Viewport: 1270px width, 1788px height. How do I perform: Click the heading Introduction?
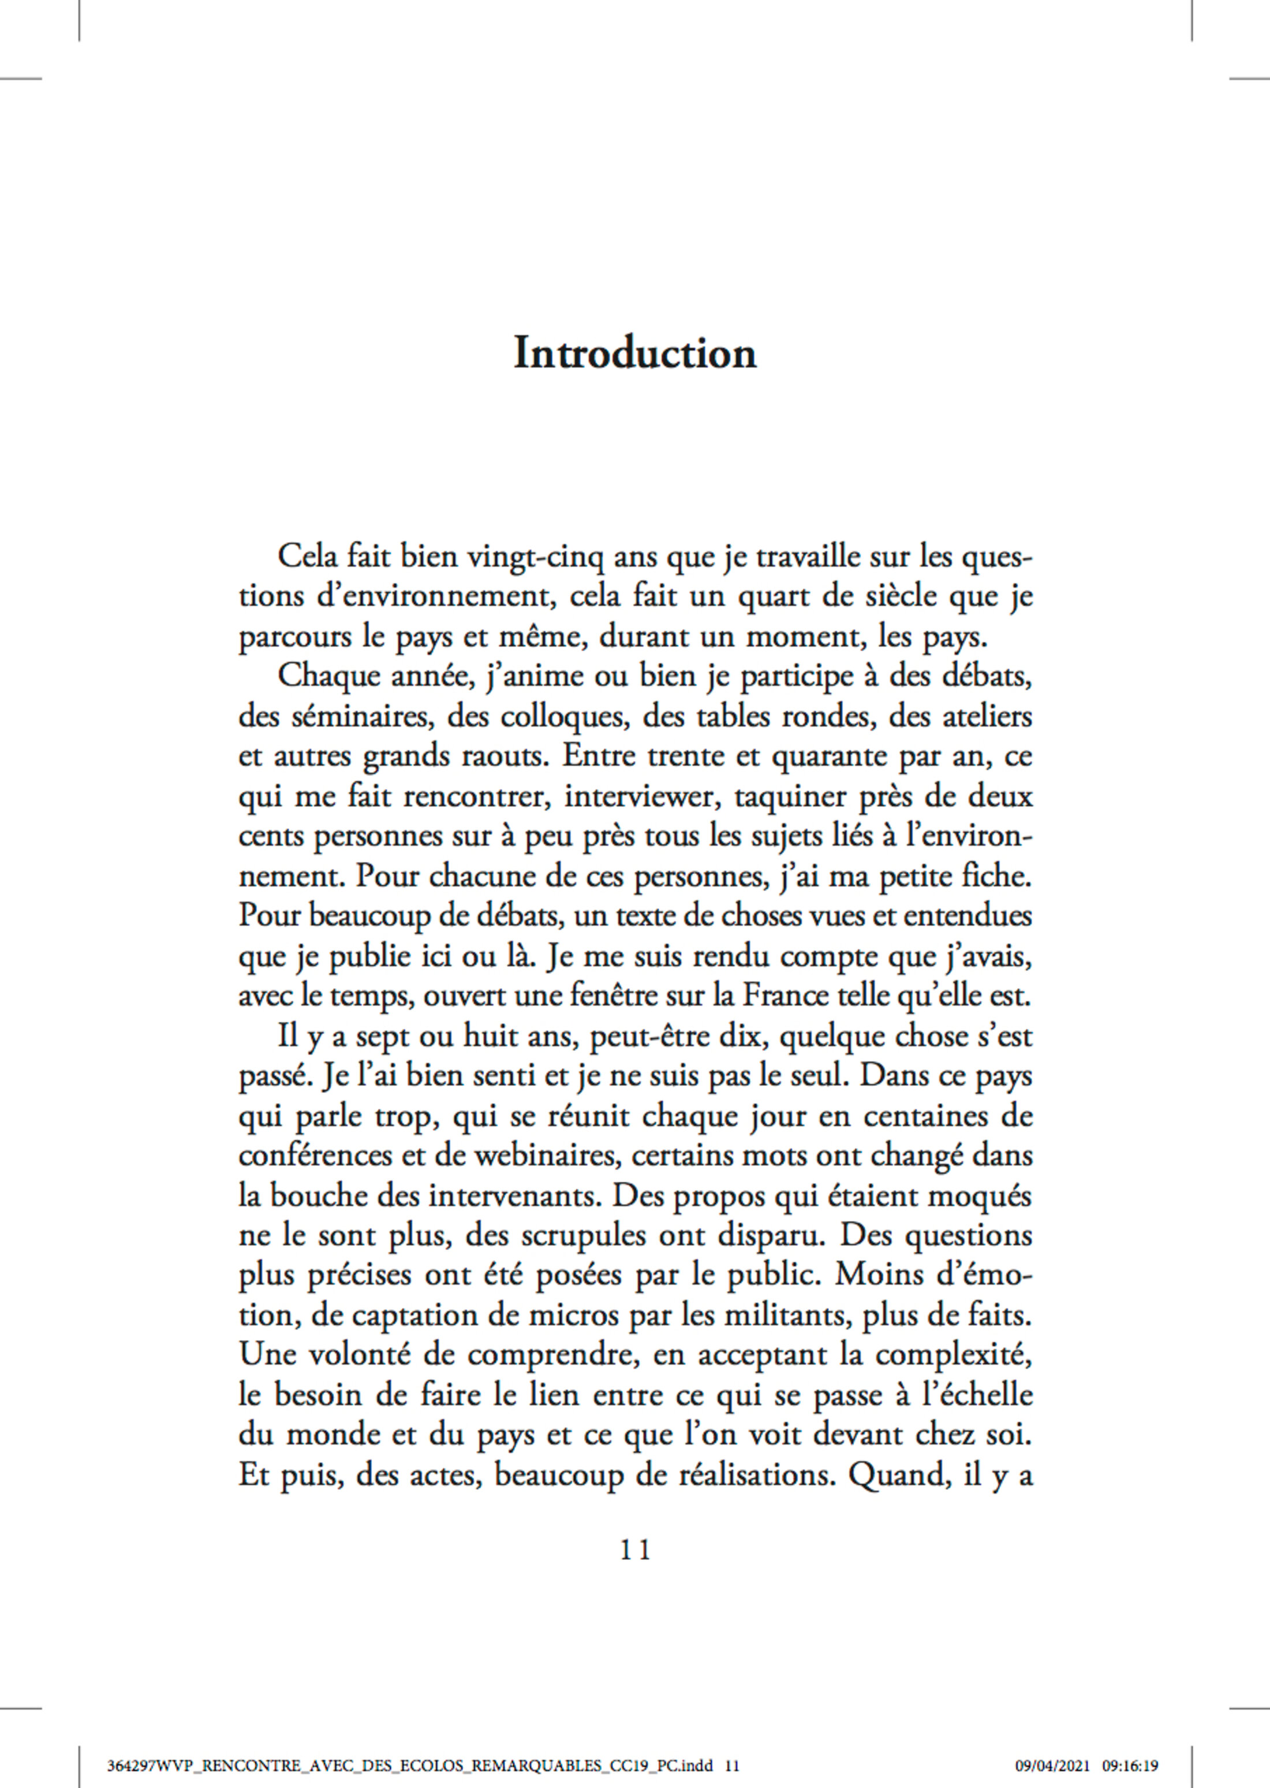coord(634,353)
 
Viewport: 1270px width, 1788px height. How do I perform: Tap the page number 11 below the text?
coord(634,1550)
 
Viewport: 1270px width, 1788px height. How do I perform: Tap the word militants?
coord(789,1316)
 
